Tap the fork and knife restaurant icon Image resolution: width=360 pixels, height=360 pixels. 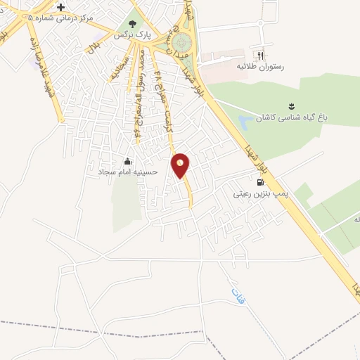click(x=260, y=54)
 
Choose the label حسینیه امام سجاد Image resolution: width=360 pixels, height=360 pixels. click(x=127, y=172)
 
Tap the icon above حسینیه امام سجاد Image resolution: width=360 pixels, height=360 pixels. click(x=127, y=161)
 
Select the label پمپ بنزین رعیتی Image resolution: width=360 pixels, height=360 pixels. click(x=262, y=191)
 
